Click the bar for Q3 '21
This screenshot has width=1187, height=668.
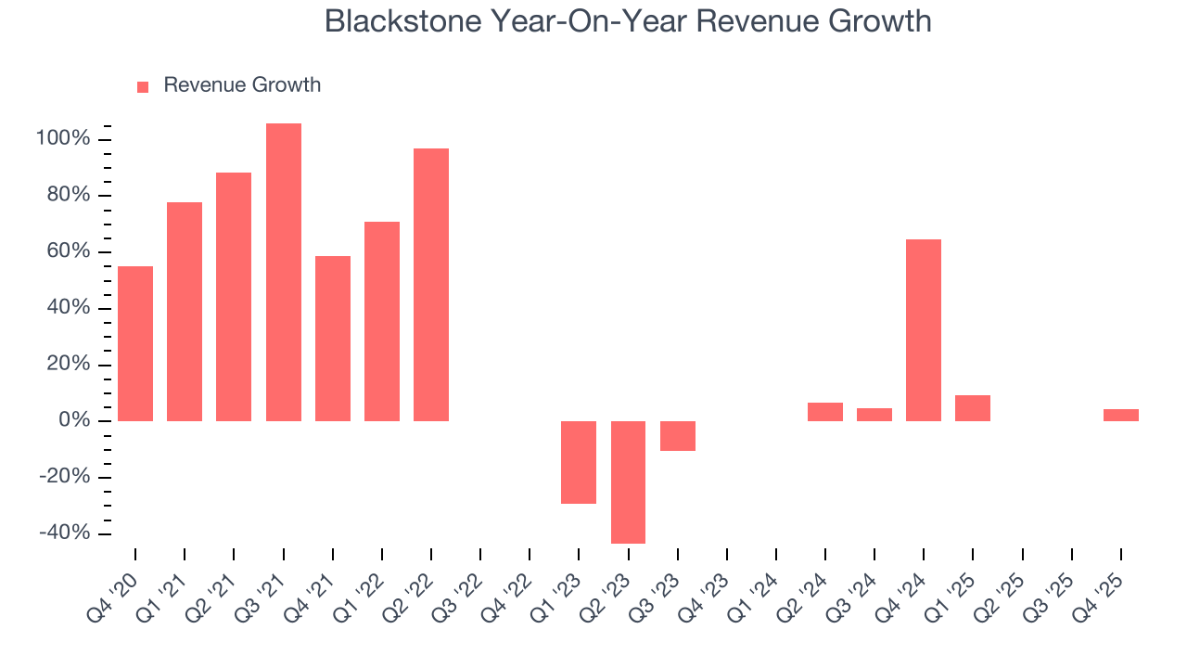click(283, 272)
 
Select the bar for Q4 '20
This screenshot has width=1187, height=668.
click(135, 343)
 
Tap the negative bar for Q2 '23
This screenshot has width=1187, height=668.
click(628, 482)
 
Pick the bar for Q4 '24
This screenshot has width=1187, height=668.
click(924, 329)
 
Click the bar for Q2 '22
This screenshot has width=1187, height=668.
click(431, 284)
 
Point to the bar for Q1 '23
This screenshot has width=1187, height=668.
click(579, 462)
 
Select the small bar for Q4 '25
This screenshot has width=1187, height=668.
click(1120, 415)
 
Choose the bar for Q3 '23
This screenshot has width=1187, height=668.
click(678, 436)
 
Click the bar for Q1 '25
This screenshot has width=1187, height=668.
click(973, 408)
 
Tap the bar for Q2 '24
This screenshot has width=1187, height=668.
click(825, 412)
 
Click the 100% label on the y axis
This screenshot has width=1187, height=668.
click(63, 139)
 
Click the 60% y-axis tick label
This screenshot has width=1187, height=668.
click(68, 252)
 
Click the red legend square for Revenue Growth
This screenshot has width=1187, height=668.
click(143, 87)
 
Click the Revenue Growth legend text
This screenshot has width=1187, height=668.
click(242, 85)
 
